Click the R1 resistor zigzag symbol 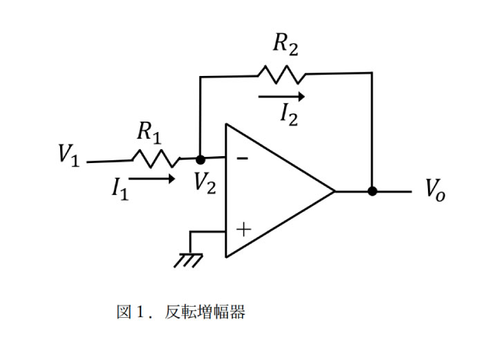[156, 159]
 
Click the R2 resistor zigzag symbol [281, 73]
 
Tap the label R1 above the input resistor [149, 131]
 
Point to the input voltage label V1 [68, 155]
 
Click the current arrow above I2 [281, 97]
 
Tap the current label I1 [120, 188]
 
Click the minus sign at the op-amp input [242, 158]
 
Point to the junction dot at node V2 [200, 159]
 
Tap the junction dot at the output [372, 191]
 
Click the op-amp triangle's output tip [335, 191]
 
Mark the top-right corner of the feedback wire [372, 73]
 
